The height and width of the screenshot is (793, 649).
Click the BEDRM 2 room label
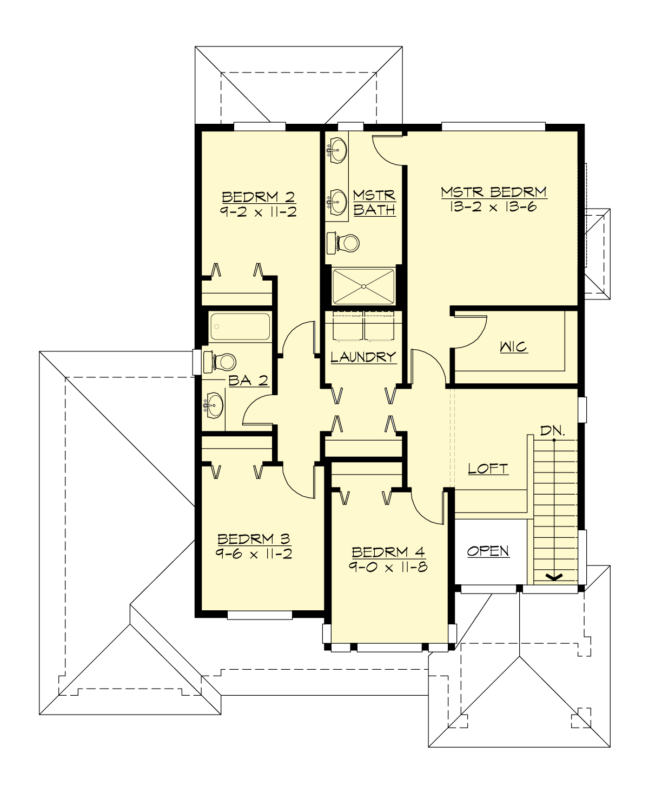258,197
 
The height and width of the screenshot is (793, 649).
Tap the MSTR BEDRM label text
493,192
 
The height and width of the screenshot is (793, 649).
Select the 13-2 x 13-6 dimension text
493,207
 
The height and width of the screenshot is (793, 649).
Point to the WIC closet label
513,346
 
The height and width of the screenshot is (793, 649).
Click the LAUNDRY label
363,357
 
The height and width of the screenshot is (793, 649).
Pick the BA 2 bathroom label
248,381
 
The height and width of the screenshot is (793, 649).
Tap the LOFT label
488,469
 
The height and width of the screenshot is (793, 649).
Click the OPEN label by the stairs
488,551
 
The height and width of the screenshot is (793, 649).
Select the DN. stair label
553,431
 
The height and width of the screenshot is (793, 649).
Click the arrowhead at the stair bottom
554,577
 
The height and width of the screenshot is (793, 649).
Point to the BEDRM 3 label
254,539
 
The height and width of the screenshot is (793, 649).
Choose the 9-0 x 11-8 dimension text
388,567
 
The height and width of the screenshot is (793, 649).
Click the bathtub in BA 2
240,326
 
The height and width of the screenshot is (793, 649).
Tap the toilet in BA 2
221,362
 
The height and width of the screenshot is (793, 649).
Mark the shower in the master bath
363,286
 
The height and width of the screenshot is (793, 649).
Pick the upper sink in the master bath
338,149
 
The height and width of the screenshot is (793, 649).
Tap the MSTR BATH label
374,202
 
